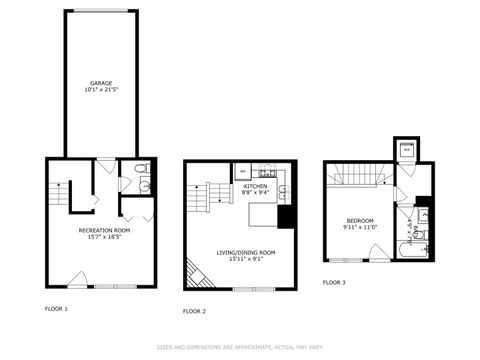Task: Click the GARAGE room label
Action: (x=101, y=83)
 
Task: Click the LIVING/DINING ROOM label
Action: (x=246, y=252)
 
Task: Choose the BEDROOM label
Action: (x=361, y=220)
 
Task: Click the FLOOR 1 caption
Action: (x=56, y=308)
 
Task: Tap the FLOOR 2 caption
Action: (x=194, y=311)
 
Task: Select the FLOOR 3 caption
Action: (x=334, y=282)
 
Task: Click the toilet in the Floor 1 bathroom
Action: (x=141, y=169)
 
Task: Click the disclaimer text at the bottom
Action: (x=239, y=347)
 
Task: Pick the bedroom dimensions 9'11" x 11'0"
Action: (x=361, y=228)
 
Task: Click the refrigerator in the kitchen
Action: (x=241, y=170)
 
